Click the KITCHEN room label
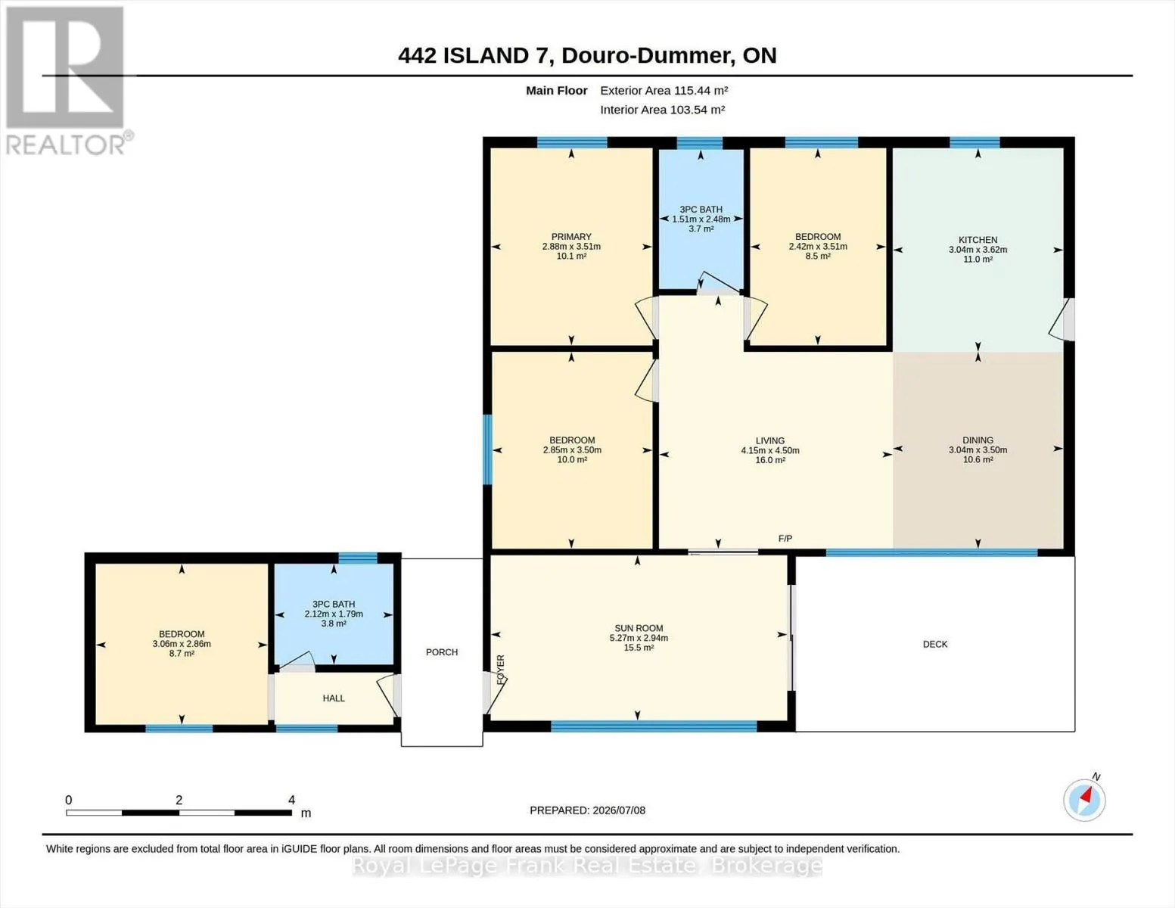978,240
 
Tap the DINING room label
978,440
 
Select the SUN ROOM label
639,628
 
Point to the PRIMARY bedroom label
571,236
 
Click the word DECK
935,644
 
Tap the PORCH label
442,652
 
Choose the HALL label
334,698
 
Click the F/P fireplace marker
785,538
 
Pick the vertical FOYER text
501,670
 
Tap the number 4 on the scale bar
292,800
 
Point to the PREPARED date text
587,810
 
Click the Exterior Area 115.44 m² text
664,90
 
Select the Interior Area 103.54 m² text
662,110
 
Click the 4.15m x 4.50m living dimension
770,450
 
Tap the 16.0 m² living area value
770,460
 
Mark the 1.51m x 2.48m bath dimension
701,219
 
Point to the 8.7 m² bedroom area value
182,653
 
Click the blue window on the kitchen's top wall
975,142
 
